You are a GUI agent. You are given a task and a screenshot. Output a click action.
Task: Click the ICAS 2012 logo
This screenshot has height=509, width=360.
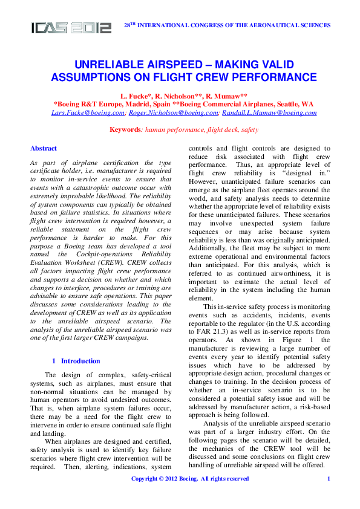71,27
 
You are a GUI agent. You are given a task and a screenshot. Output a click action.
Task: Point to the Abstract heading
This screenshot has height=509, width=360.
44,148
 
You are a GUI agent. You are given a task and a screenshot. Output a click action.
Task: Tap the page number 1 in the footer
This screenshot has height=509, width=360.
328,479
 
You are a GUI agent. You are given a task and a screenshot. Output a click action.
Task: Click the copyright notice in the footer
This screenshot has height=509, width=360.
190,479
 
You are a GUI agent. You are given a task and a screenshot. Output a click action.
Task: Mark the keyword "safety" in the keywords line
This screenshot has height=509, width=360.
249,130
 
